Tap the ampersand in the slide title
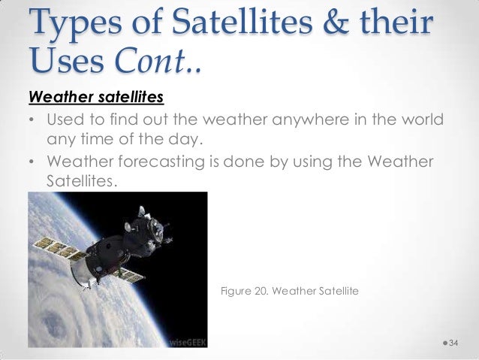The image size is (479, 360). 337,24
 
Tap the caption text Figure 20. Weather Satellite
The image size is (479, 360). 289,290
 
